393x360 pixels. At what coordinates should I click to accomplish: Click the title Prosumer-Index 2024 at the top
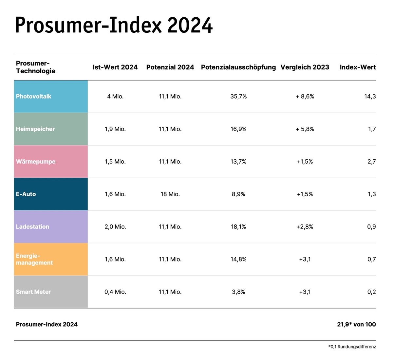pos(114,25)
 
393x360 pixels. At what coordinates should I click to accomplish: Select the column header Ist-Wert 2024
pos(115,67)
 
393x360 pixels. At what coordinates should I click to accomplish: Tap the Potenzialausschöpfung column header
pos(238,67)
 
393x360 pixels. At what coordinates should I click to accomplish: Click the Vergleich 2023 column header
pos(305,67)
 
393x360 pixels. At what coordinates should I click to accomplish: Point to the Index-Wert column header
pos(358,67)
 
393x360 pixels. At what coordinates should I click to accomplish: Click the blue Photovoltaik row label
pos(34,97)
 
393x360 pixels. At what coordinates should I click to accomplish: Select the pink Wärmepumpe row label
pos(36,162)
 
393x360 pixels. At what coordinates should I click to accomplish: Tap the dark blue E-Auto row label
pos(26,194)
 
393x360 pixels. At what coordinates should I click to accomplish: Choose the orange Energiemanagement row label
pos(34,259)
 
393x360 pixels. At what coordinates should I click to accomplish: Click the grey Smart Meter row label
pos(33,292)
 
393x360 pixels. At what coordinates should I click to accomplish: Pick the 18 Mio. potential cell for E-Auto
pos(170,194)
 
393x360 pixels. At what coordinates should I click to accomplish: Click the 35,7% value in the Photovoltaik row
pos(238,97)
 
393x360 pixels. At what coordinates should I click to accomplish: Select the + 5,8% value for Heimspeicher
pos(305,129)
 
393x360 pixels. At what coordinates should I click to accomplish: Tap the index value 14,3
pos(370,97)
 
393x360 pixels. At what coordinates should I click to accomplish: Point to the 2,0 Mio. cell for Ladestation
pos(115,227)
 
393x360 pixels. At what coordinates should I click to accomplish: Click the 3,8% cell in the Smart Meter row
pos(238,292)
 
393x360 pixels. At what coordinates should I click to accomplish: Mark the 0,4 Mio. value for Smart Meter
pos(115,292)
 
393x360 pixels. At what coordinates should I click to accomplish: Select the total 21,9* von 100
pos(356,324)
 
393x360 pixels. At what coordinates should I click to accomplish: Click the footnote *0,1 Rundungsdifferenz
pos(352,347)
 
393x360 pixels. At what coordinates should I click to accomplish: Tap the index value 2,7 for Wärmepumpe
pos(371,162)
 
